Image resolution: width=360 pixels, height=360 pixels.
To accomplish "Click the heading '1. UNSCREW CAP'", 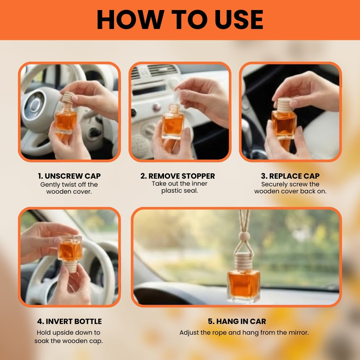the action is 69,176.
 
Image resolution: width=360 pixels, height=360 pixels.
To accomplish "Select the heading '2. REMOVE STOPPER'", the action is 178,176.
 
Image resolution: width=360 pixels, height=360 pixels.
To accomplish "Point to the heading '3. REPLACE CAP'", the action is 290,176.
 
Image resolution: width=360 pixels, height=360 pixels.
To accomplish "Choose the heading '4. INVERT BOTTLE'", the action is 69,321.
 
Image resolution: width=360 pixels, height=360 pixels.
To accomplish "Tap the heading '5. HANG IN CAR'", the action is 237,321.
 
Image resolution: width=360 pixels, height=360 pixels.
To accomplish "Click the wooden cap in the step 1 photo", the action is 67,97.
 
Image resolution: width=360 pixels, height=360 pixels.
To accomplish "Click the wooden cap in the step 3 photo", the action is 284,105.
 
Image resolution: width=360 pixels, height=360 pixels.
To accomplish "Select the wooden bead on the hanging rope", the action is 244,236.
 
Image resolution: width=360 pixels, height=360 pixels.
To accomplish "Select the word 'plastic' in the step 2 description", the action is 170,191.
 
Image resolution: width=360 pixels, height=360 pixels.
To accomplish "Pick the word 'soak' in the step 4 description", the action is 42,341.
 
